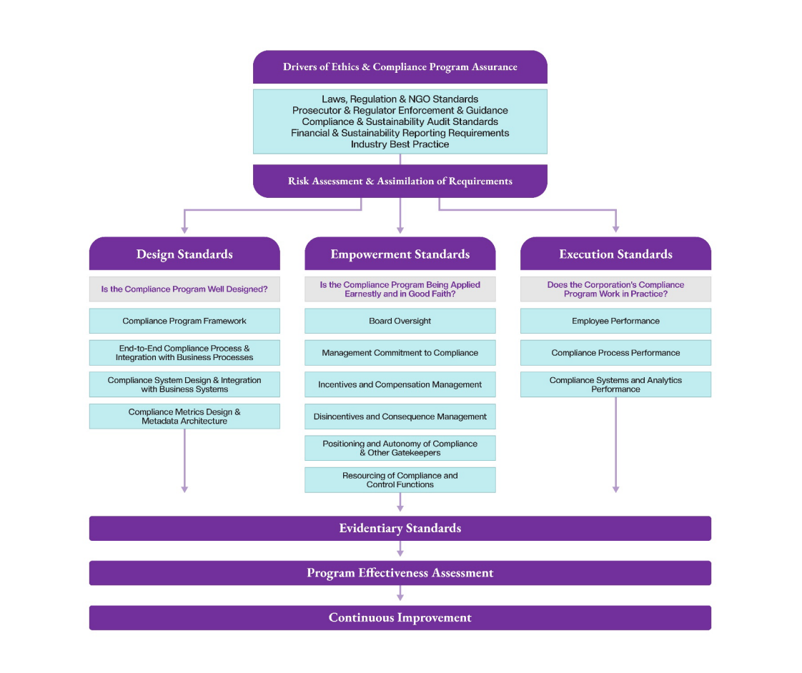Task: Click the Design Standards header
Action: click(184, 254)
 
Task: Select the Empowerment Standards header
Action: click(400, 254)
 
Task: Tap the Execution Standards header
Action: click(615, 254)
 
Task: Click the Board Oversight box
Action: click(400, 321)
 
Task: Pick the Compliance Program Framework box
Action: click(184, 321)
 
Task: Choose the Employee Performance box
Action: click(615, 321)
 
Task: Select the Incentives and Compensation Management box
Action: click(400, 384)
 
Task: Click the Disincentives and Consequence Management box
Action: click(400, 417)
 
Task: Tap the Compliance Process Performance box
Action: click(615, 353)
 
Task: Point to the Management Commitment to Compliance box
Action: click(400, 353)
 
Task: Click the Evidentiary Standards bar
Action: click(400, 529)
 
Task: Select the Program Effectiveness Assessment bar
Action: click(400, 573)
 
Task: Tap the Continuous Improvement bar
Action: click(400, 618)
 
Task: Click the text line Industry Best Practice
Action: click(400, 144)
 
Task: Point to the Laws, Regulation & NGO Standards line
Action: click(400, 99)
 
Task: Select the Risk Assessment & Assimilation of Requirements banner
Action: click(400, 181)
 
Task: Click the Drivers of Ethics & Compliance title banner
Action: click(400, 67)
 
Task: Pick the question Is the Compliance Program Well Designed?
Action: click(184, 289)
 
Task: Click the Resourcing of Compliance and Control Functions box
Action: click(400, 480)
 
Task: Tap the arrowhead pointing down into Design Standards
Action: click(184, 229)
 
